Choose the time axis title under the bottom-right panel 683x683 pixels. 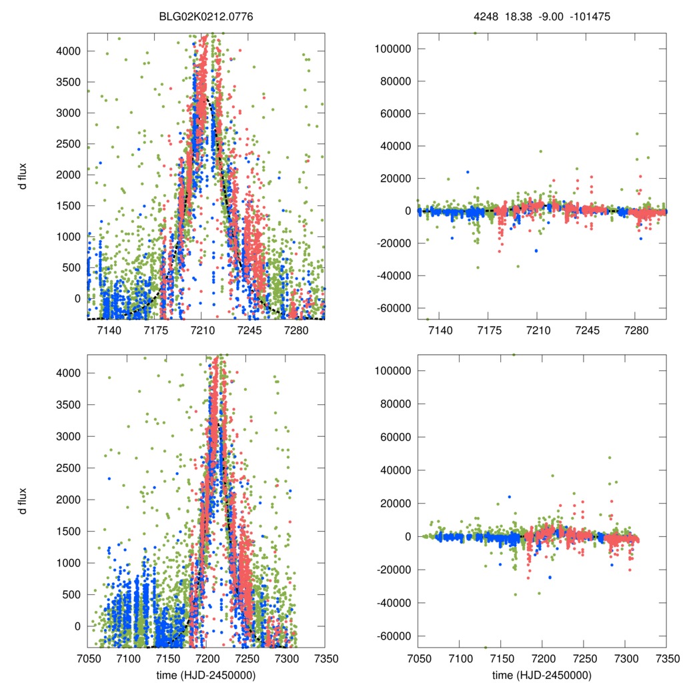click(x=542, y=674)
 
